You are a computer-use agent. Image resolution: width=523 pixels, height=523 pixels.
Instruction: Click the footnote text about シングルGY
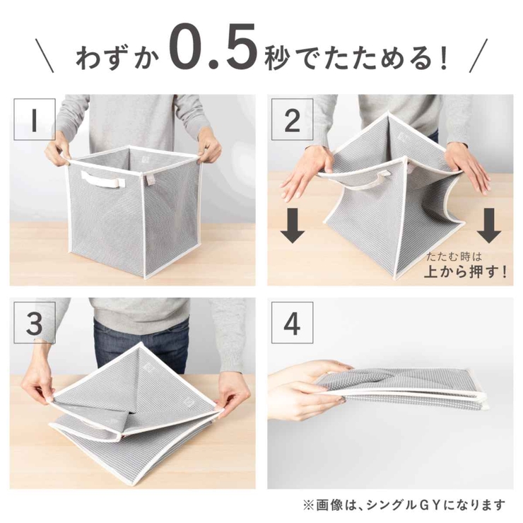(404, 505)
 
